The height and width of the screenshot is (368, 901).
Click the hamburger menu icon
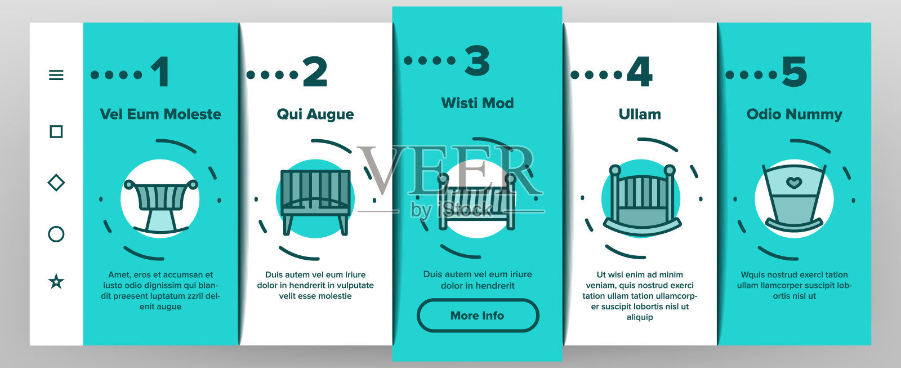56,75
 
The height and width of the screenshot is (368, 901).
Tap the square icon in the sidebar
56,132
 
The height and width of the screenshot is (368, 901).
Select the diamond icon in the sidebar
56,183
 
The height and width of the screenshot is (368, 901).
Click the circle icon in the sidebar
56,234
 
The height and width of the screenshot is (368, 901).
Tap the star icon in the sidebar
56,281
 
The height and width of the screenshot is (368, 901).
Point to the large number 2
315,71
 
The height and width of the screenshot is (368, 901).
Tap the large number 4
639,71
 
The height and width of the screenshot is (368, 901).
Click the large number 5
795,72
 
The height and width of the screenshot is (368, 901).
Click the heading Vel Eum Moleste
160,114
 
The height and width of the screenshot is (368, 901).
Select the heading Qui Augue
315,114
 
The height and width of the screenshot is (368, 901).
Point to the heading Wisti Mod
478,103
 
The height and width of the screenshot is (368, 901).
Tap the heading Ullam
640,114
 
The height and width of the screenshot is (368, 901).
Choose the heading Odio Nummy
795,114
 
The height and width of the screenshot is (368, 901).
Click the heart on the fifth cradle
794,183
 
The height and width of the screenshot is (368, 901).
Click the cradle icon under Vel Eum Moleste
160,207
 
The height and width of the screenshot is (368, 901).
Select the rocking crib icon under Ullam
642,200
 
